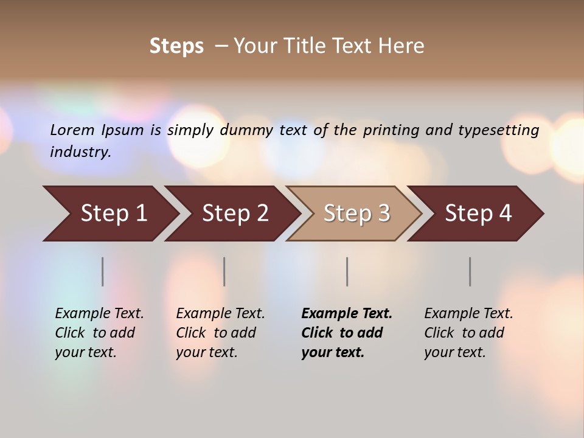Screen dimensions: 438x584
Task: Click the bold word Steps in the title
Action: pos(176,46)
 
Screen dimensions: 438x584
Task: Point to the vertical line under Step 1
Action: pos(103,271)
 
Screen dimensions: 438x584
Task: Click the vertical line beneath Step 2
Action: pos(224,271)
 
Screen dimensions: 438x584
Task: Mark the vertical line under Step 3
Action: pos(347,271)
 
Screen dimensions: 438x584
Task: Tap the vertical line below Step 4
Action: pos(470,271)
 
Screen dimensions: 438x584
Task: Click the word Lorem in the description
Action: pos(72,130)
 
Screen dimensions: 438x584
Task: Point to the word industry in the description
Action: pos(80,151)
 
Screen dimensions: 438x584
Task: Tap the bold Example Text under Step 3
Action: pos(347,314)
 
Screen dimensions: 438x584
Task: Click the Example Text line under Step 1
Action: pos(99,314)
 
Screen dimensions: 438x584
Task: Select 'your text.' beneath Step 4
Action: pos(454,353)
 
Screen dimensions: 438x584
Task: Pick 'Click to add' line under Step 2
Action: pos(216,333)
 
